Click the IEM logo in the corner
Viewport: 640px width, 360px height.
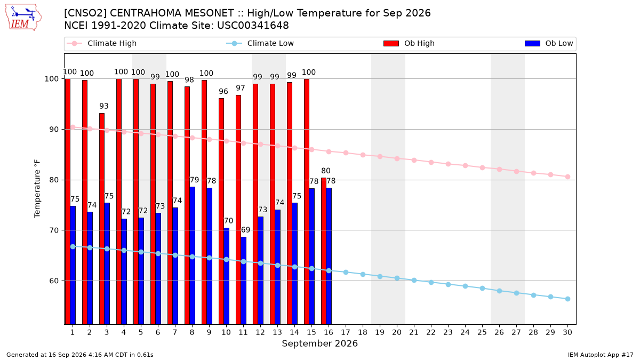click(x=23, y=18)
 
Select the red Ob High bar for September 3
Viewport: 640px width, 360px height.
click(x=102, y=219)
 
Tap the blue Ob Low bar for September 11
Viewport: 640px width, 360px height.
click(x=243, y=281)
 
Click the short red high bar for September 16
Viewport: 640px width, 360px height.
click(x=323, y=251)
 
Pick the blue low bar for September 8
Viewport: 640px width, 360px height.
click(x=193, y=255)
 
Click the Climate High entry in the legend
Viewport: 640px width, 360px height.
click(x=101, y=43)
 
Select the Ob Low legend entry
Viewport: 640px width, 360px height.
click(x=549, y=43)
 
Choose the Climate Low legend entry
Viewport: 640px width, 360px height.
click(x=260, y=43)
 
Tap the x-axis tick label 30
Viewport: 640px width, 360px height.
click(x=567, y=332)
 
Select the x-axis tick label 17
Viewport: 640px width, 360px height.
click(x=346, y=332)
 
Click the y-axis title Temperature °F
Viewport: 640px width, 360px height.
click(x=37, y=189)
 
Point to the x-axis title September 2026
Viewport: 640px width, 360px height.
click(x=319, y=343)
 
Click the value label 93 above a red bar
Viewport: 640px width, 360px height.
click(x=104, y=106)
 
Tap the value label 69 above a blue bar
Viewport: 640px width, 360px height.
click(x=245, y=230)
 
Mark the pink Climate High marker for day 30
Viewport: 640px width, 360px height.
click(x=567, y=177)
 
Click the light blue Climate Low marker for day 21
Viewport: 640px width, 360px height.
click(x=414, y=281)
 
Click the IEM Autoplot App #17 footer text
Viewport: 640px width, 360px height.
click(x=601, y=355)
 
